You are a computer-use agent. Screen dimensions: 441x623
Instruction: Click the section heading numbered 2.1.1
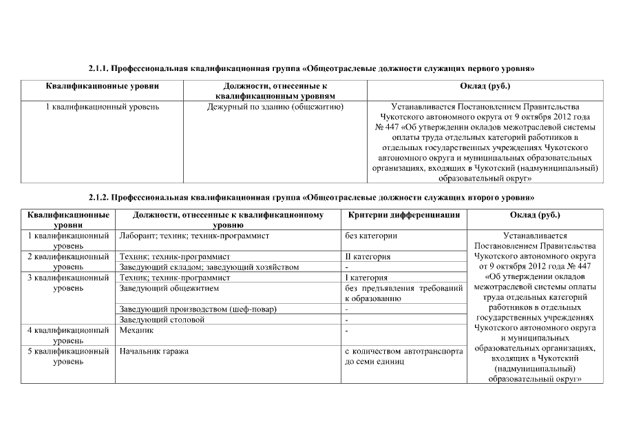pos(311,70)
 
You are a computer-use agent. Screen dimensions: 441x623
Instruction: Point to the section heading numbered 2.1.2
pos(311,196)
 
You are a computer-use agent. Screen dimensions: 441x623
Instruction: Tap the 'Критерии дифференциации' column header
pos(404,215)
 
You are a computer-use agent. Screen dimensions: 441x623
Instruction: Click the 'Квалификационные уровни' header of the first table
pos(103,86)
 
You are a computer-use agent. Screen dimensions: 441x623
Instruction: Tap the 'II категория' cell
pos(368,256)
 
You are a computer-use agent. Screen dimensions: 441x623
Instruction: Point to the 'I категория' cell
pos(366,277)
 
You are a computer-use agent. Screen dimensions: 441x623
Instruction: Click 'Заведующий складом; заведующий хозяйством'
pos(209,267)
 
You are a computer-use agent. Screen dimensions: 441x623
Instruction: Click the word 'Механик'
pos(136,330)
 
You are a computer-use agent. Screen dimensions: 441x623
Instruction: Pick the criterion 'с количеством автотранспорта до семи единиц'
pos(403,356)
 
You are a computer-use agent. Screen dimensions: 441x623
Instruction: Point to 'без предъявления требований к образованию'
pos(403,293)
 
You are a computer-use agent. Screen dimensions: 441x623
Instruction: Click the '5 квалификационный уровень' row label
pos(68,356)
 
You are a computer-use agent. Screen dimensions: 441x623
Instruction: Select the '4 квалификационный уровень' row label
pos(68,335)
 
